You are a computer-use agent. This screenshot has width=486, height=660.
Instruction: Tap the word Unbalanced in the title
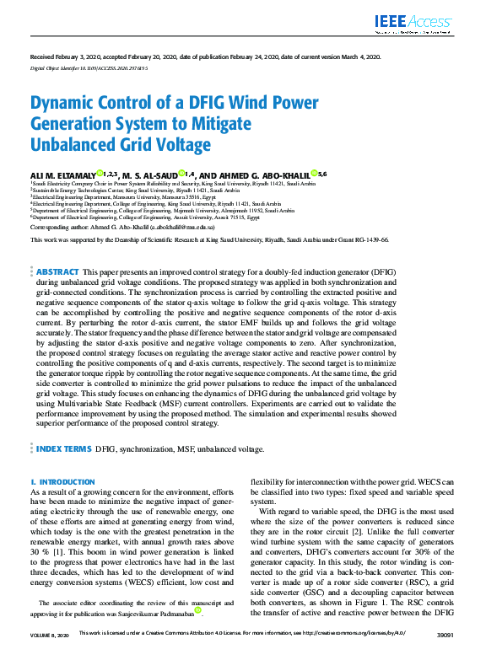coord(73,144)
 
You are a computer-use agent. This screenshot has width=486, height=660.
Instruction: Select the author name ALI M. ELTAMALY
coord(62,174)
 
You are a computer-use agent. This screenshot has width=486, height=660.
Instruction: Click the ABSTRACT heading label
coord(56,272)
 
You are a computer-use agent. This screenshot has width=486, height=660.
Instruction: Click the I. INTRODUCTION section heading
coord(62,481)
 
